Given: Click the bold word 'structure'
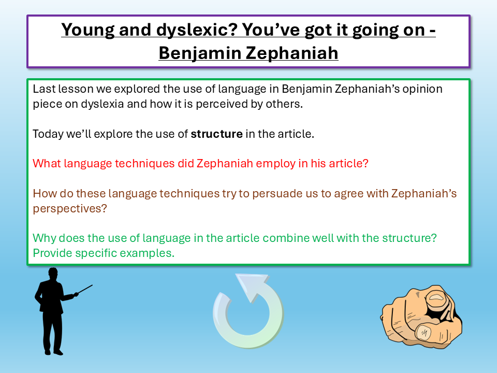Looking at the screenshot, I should point(216,134).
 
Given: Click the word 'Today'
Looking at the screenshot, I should point(47,134).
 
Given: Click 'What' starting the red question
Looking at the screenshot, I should point(46,164).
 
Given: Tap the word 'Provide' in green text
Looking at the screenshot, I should point(52,253).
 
